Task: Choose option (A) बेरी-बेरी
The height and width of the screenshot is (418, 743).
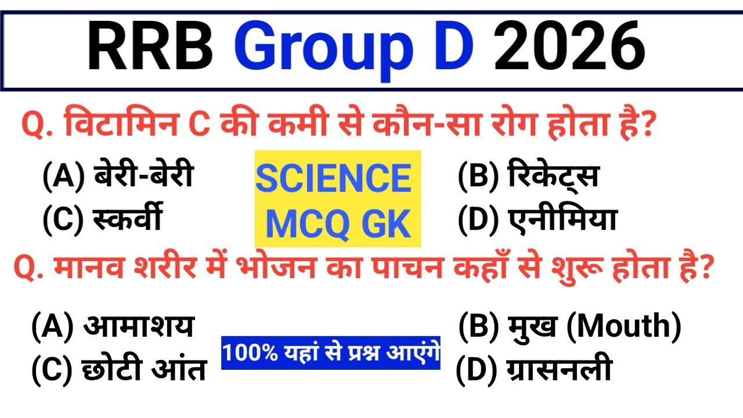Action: click(x=117, y=176)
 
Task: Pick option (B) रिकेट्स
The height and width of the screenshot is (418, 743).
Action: click(x=528, y=176)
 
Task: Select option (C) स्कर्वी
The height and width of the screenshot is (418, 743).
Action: click(x=102, y=219)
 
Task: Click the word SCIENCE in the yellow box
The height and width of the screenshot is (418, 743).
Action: click(x=334, y=179)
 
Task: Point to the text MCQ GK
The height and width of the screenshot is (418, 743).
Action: click(x=338, y=224)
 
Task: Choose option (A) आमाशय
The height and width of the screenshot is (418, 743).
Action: click(x=113, y=326)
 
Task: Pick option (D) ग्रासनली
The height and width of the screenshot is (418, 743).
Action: click(x=534, y=370)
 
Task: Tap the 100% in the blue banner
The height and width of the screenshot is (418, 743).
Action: click(x=245, y=353)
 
